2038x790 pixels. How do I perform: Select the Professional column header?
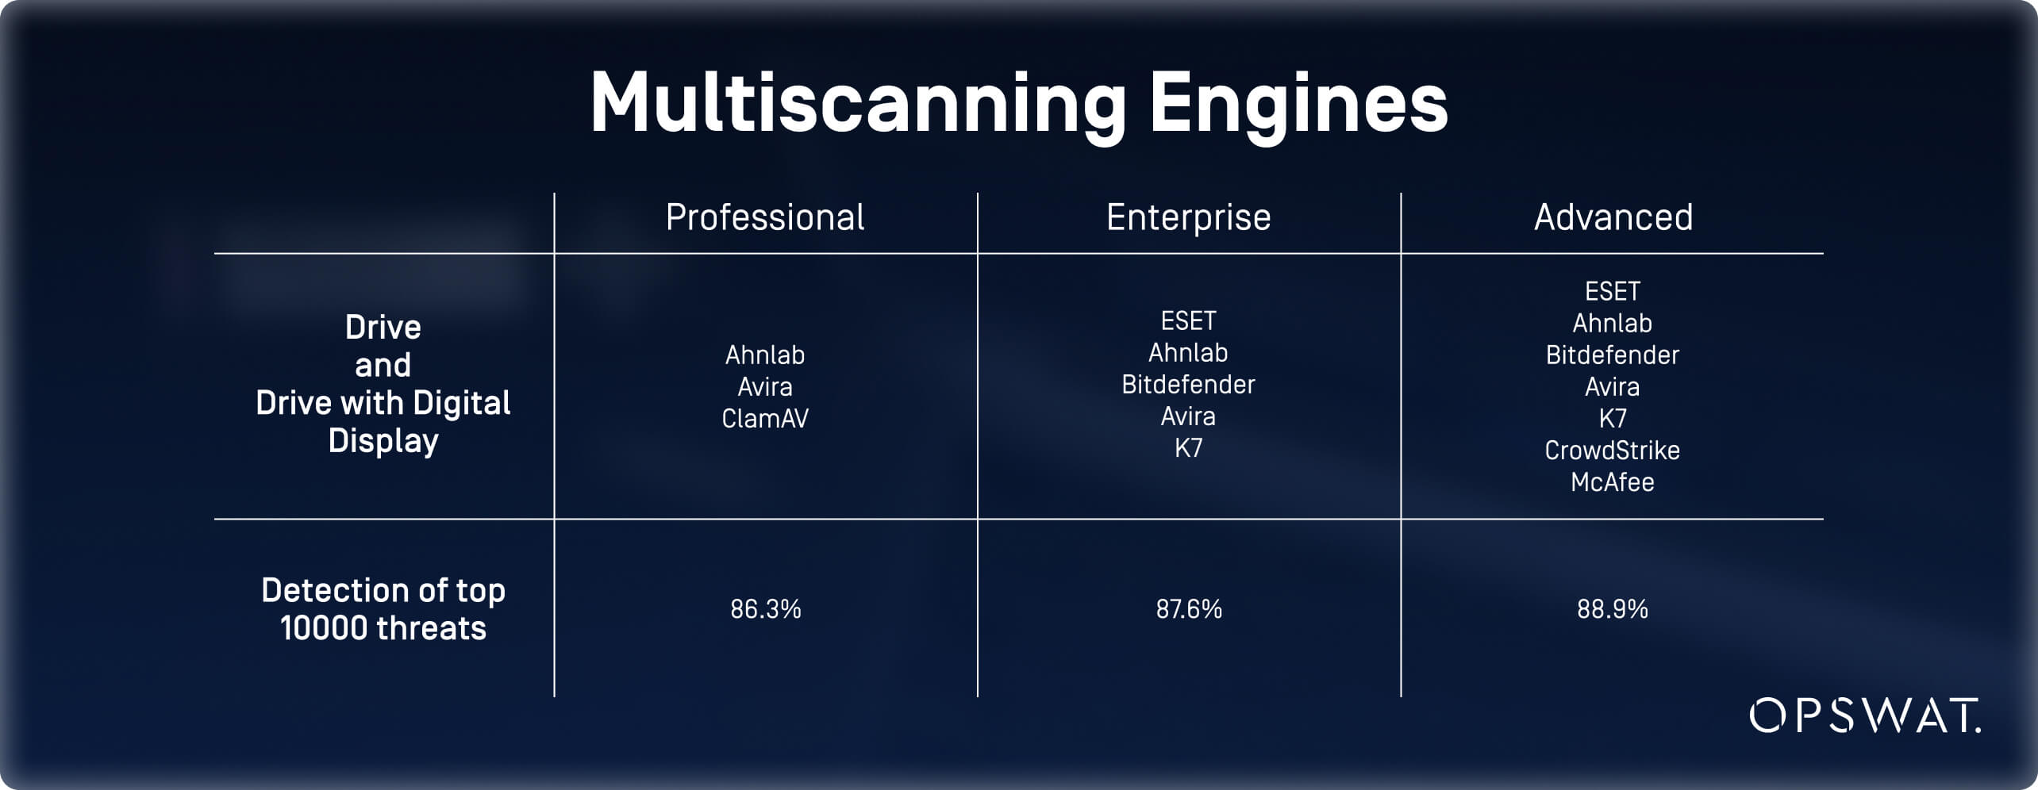765,217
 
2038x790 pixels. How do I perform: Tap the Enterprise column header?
1189,217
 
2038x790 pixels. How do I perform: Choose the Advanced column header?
1613,217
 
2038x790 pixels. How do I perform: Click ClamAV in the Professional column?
765,418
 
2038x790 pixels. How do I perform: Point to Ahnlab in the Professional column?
765,355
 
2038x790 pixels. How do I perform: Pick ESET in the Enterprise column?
1189,320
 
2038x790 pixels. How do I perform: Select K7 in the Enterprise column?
1189,448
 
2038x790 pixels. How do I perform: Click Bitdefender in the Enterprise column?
1189,385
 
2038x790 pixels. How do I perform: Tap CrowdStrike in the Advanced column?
1613,451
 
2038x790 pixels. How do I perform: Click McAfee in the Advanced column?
1613,482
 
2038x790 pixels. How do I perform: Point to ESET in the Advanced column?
1613,291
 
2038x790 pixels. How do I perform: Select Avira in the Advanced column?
1613,386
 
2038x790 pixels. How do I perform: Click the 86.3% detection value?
766,609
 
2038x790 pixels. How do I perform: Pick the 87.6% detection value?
1189,609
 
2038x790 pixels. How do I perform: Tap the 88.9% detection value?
1613,609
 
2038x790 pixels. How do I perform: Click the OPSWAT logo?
1865,715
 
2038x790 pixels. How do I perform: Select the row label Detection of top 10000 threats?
383,609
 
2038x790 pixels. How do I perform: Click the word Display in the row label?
383,441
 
